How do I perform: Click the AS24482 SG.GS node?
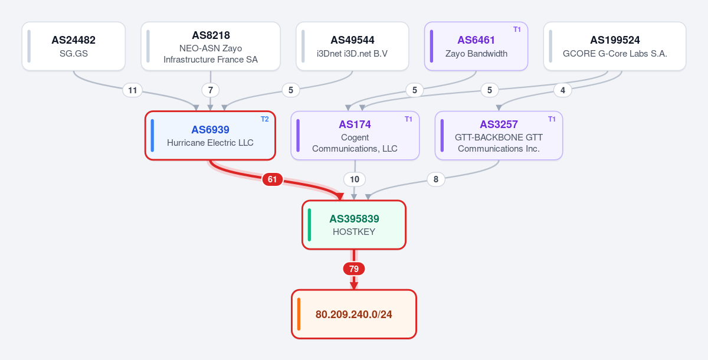[74, 46]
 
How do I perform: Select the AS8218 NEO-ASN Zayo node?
[211, 46]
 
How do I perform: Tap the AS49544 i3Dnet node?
[352, 46]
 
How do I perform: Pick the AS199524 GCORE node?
[615, 46]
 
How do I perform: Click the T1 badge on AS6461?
[517, 30]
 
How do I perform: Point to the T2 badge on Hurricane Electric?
[264, 119]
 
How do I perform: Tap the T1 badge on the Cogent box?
[408, 119]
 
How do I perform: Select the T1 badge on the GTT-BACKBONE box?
[552, 119]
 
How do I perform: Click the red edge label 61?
[272, 179]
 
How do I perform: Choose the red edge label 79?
[354, 269]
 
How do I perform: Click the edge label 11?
[132, 90]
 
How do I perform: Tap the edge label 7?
[211, 90]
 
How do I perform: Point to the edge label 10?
[355, 179]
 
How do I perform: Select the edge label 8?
[436, 179]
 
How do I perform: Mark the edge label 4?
[563, 90]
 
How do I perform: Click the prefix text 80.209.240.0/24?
[353, 315]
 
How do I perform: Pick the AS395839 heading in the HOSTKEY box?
[354, 219]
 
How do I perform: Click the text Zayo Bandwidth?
[476, 54]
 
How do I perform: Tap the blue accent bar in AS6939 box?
[152, 136]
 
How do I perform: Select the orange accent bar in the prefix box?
[299, 314]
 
